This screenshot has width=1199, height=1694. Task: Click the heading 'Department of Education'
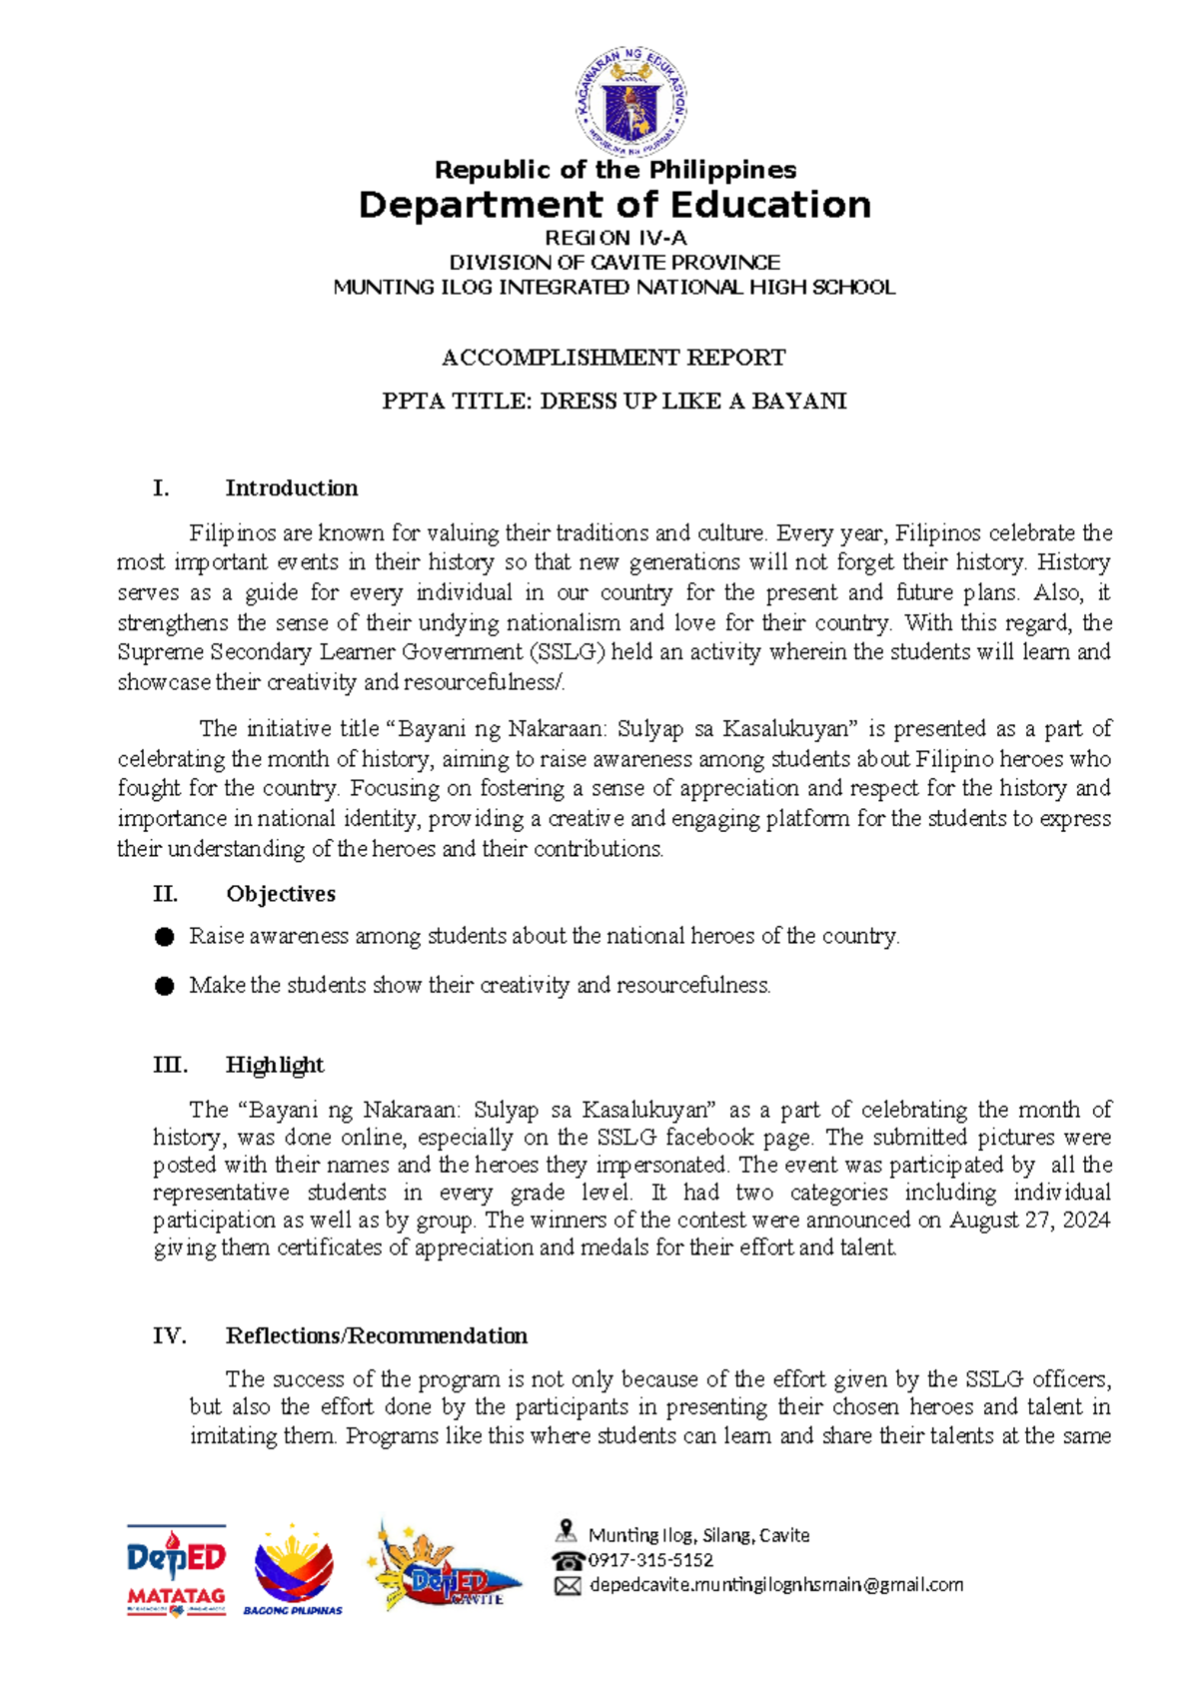click(x=614, y=205)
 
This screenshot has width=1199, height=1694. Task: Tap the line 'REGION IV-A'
click(x=614, y=238)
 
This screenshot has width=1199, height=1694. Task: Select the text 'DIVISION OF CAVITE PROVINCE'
click(x=614, y=263)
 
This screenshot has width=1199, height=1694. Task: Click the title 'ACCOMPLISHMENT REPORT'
click(x=613, y=358)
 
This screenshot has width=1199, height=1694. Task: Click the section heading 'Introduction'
click(x=291, y=488)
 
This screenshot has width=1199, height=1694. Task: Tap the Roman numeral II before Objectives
click(x=165, y=894)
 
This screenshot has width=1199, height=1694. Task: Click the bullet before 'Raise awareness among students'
click(x=165, y=937)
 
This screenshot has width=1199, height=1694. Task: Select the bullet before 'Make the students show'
click(x=165, y=987)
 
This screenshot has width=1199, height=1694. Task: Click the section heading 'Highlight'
click(x=275, y=1065)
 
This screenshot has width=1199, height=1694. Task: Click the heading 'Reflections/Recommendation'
click(x=376, y=1336)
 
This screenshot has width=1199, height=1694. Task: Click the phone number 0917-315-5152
click(x=650, y=1560)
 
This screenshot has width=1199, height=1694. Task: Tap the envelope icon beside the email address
click(x=568, y=1586)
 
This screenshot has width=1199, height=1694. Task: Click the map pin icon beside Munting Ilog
click(x=567, y=1531)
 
